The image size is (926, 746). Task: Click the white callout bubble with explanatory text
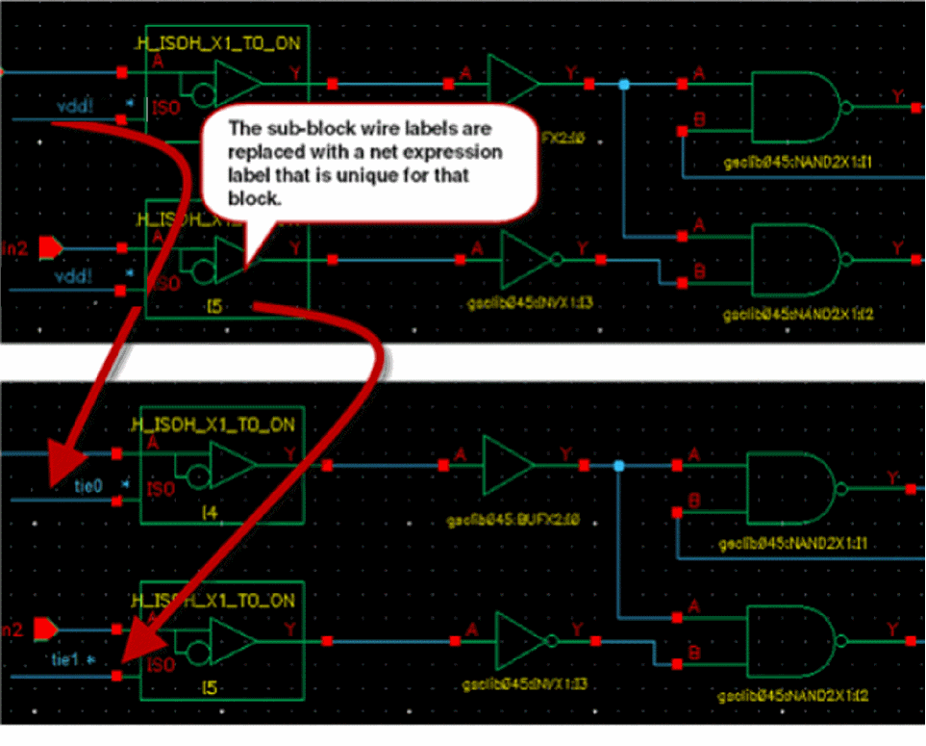[x=364, y=160]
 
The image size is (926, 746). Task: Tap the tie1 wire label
[x=64, y=658]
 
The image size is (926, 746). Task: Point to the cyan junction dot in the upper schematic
[x=624, y=85]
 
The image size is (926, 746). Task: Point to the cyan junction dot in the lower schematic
[x=618, y=466]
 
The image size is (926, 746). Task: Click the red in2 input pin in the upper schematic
[x=48, y=249]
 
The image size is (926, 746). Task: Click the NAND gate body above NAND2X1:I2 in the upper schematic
[x=792, y=259]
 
